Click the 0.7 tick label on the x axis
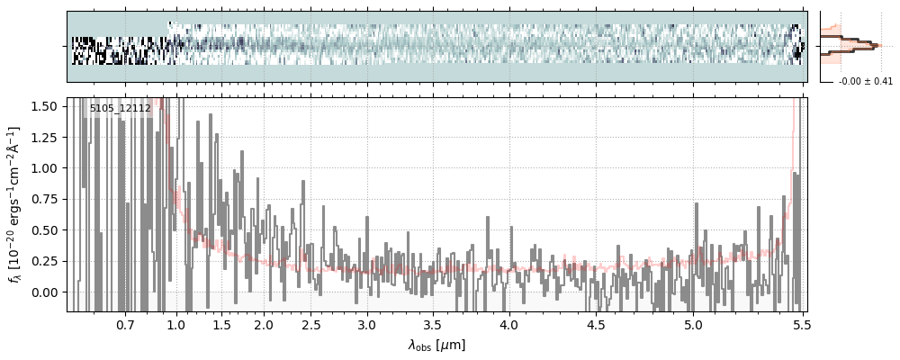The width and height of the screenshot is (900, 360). pos(124,324)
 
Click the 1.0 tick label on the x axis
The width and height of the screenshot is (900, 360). pos(175,324)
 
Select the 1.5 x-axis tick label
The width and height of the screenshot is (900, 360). pos(220,324)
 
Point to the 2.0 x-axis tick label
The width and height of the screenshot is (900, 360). pos(263,324)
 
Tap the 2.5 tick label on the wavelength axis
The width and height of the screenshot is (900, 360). pos(310,324)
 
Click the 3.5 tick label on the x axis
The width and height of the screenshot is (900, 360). pos(433,324)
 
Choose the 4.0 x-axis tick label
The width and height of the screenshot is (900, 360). pos(508,324)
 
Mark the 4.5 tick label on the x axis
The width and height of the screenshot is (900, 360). pos(597,324)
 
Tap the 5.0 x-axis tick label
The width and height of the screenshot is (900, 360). pos(694,324)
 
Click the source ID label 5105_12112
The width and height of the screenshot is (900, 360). pos(120,108)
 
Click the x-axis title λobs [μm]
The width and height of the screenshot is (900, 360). pos(436,345)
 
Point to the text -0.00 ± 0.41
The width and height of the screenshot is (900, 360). pos(865,82)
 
